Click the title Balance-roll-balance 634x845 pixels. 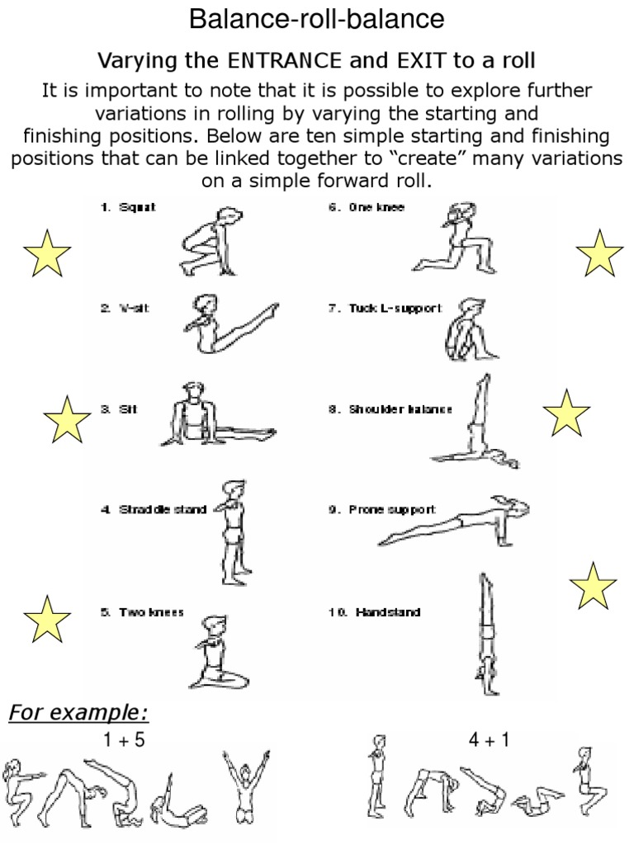point(317,18)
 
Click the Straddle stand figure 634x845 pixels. point(232,528)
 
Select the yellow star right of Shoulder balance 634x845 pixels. point(566,413)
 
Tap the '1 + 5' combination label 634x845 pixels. point(125,740)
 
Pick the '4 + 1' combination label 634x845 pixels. point(489,740)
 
